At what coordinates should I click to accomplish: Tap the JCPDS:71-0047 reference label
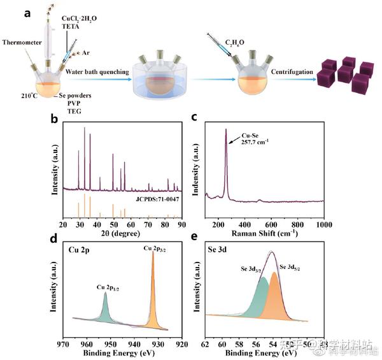click(156, 199)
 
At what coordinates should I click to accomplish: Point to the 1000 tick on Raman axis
click(323, 224)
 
